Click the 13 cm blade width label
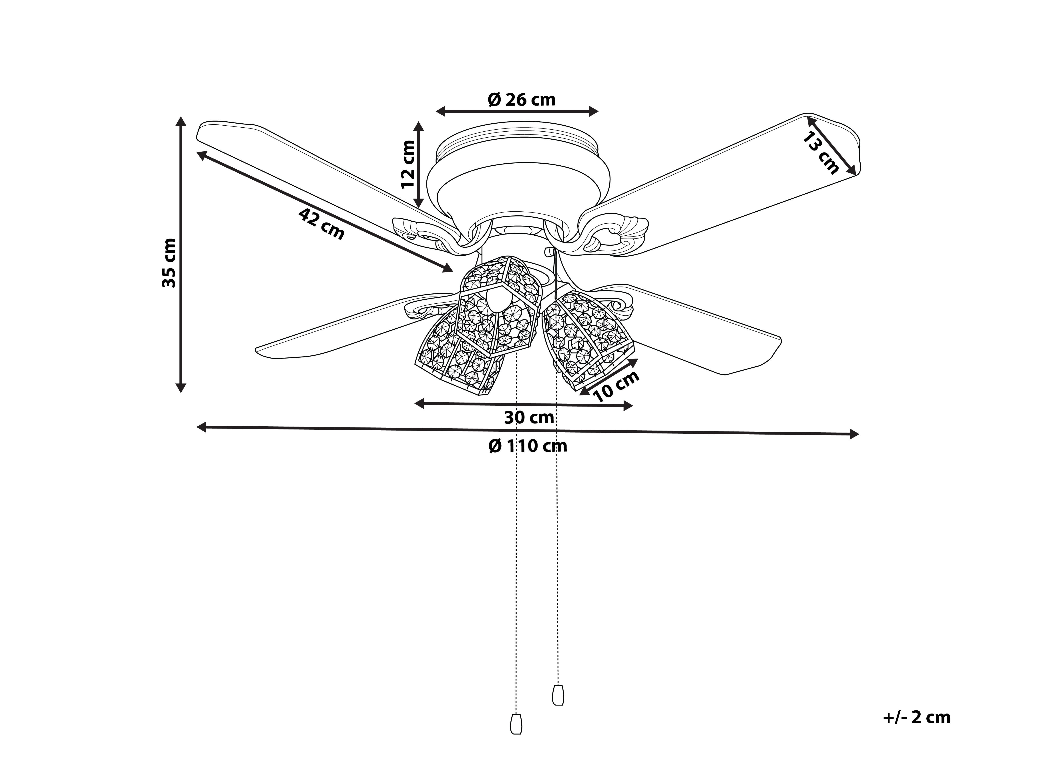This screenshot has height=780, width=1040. click(820, 153)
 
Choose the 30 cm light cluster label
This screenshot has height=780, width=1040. click(529, 417)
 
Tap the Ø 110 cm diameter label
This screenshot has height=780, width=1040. click(528, 446)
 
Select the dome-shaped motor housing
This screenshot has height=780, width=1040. click(517, 183)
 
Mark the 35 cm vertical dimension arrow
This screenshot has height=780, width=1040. click(181, 254)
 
